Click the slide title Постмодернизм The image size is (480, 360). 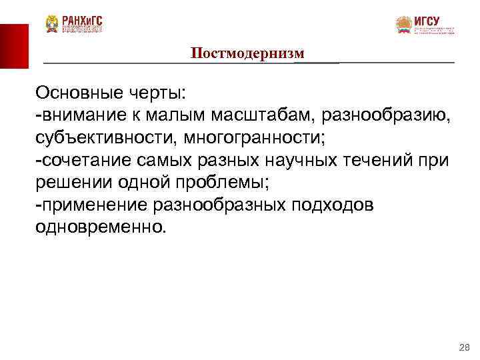click(x=247, y=53)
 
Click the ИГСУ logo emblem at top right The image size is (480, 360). click(x=404, y=25)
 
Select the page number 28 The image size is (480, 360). click(x=465, y=348)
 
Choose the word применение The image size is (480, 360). click(x=85, y=205)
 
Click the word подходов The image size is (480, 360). click(x=333, y=205)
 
